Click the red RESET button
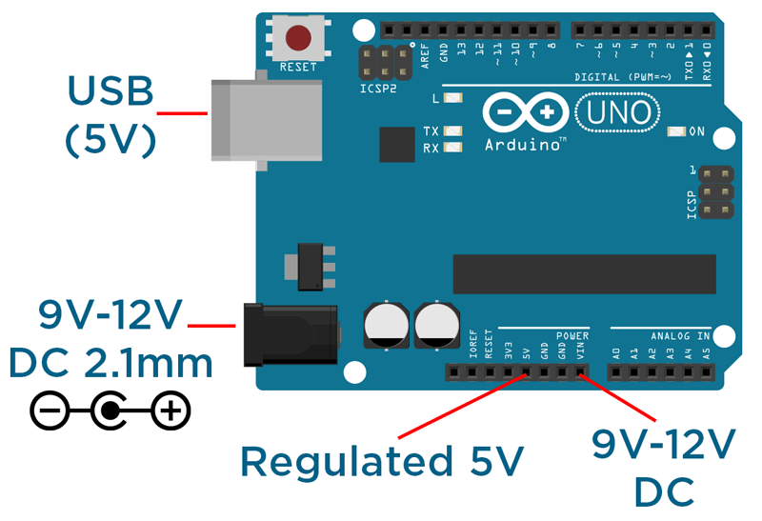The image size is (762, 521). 298,38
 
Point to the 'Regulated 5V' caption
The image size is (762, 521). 382,461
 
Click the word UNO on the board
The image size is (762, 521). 620,112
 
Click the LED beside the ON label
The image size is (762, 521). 677,131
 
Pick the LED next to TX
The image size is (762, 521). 452,131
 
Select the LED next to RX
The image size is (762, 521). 452,148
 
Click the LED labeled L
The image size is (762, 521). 452,98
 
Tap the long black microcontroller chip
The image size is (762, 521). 584,274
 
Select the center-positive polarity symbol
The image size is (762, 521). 110,411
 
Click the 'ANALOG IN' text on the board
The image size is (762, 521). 680,336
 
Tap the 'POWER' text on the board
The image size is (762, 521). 572,336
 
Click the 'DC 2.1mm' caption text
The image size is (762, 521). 110,364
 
